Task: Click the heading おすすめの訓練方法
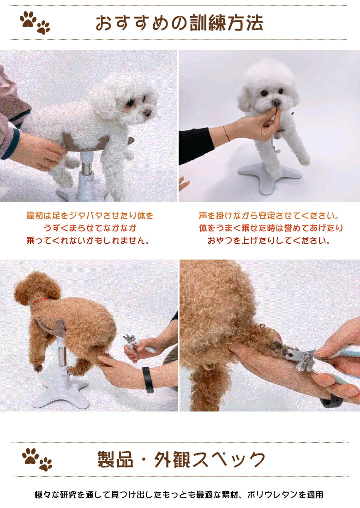[x=179, y=23]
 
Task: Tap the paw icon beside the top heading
[x=35, y=23]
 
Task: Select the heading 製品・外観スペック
[x=181, y=460]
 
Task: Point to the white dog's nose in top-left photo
[x=147, y=112]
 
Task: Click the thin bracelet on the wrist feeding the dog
[x=226, y=133]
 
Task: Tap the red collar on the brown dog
[x=40, y=301]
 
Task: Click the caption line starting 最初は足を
[x=90, y=216]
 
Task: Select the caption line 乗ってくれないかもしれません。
[x=90, y=241]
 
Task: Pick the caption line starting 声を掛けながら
[x=269, y=216]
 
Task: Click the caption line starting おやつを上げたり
[x=269, y=241]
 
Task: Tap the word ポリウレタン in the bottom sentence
[x=272, y=495]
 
